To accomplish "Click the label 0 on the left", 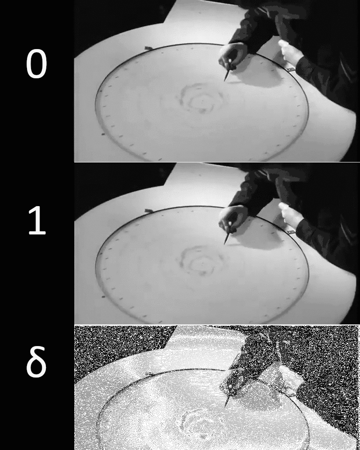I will coord(36,64).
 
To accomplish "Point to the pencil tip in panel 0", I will coord(225,80).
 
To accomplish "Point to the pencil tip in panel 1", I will coord(225,243).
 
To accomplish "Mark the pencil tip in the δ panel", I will coord(225,405).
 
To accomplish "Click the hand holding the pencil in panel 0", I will coord(233,55).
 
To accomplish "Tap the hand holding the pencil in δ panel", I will coord(232,380).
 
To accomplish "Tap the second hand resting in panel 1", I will coord(290,215).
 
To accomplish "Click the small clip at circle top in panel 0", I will coord(148,47).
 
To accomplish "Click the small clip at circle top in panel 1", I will coord(148,210).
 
